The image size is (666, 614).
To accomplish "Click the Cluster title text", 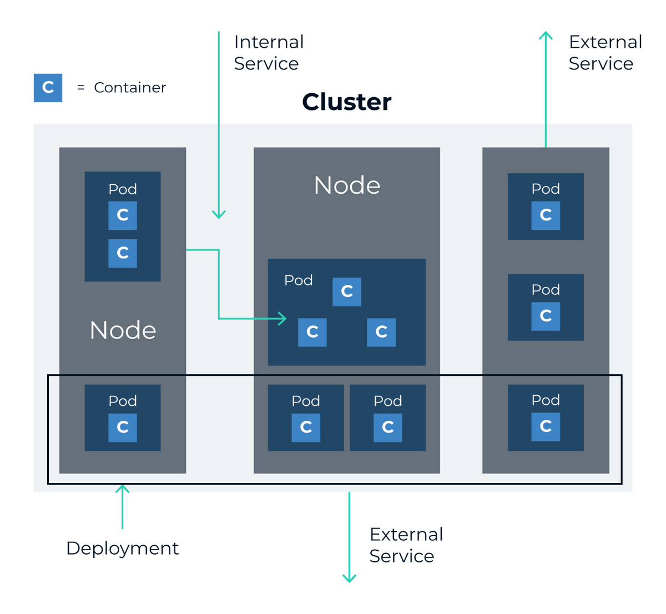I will (x=346, y=102).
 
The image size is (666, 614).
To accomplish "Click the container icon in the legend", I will (x=48, y=88).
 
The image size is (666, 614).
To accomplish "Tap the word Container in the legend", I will (x=130, y=88).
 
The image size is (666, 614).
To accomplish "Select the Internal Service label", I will (x=269, y=53).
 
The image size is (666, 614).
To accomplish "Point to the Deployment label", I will (x=122, y=548).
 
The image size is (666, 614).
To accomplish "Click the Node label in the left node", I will (x=123, y=330).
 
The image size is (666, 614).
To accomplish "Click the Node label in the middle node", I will (x=347, y=185).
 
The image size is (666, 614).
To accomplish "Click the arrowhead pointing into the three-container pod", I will (x=283, y=319).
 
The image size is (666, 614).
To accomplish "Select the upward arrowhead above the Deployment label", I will (x=122, y=489).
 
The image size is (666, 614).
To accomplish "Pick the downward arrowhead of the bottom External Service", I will (x=349, y=578).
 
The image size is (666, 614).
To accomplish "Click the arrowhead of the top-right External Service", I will (x=546, y=36).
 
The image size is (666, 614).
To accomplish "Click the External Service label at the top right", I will (x=605, y=53).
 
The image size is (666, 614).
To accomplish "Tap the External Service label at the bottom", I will (x=406, y=545).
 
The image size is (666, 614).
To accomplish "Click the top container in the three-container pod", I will (x=347, y=291).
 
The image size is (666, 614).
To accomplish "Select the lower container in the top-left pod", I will (x=123, y=253).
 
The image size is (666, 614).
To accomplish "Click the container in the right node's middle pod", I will (x=546, y=316).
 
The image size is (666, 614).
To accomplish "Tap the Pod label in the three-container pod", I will (x=299, y=280).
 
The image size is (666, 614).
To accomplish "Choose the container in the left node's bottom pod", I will (x=123, y=427).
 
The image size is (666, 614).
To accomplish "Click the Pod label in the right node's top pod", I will (x=546, y=189).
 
